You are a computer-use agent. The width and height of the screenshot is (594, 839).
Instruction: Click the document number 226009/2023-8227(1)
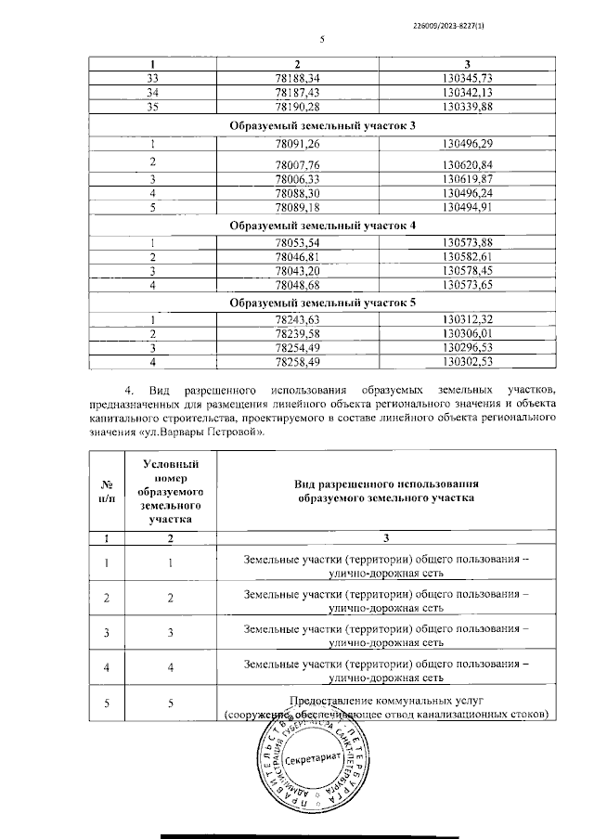click(453, 26)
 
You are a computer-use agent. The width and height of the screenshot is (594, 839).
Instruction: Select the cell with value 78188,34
click(298, 78)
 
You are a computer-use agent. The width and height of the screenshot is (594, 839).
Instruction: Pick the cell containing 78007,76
click(298, 163)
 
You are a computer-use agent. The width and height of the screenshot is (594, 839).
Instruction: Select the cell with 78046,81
click(298, 256)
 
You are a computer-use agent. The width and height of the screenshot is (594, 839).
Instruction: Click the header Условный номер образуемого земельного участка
click(170, 491)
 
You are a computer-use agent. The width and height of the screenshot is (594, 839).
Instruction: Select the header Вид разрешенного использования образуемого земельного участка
click(386, 491)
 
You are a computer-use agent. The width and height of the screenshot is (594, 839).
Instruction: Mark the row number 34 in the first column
click(154, 92)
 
